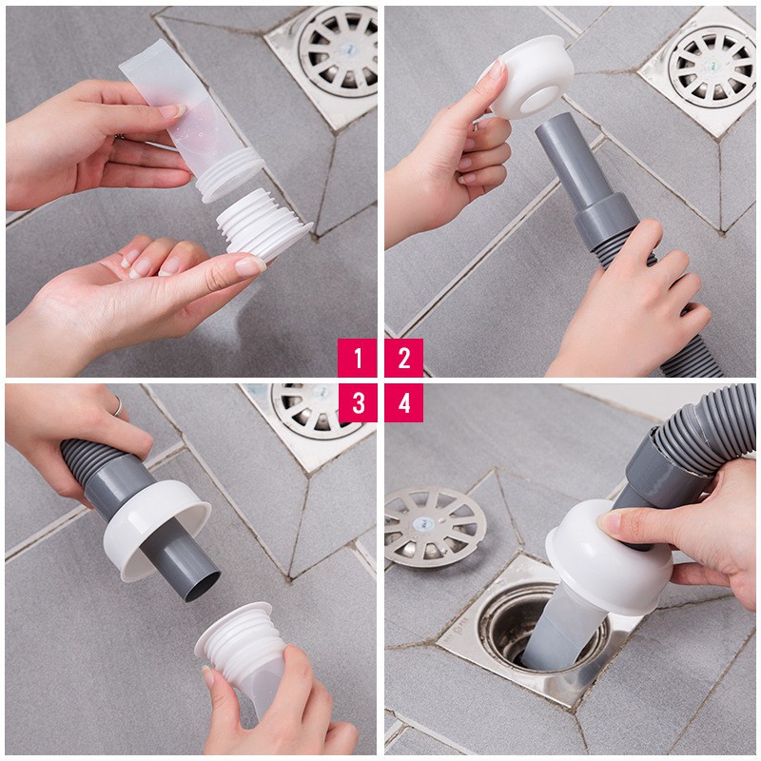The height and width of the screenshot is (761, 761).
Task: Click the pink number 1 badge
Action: pyautogui.click(x=358, y=358)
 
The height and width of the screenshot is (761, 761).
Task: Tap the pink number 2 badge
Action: pyautogui.click(x=404, y=358)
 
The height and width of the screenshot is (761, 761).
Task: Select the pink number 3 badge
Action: pyautogui.click(x=358, y=403)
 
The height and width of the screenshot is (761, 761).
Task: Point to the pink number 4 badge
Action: pyautogui.click(x=404, y=403)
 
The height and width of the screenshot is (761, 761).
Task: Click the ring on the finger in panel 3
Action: pyautogui.click(x=117, y=406)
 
